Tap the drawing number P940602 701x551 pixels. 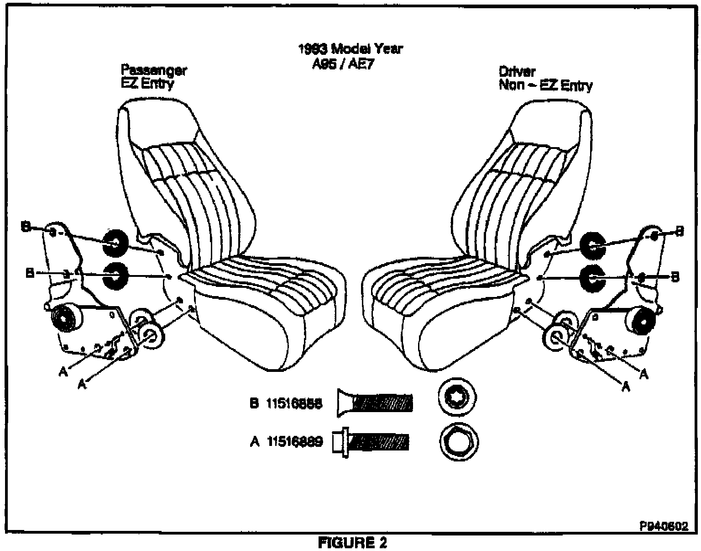pos(664,526)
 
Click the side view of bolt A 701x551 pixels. pos(370,442)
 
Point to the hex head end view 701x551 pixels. pos(459,442)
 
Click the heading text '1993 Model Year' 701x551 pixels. pos(350,48)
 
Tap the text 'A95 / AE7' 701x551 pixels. pos(342,64)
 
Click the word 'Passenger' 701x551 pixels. pos(154,71)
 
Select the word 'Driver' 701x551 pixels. pos(517,71)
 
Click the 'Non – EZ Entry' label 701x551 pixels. pos(545,85)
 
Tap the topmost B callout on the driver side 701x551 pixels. pos(679,232)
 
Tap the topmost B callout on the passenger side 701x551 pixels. pos(26,227)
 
